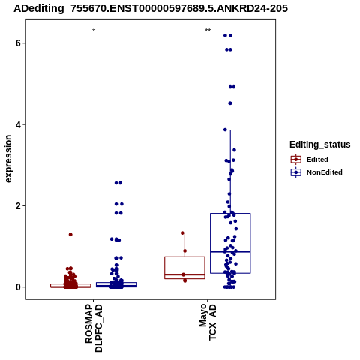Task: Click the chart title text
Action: tap(151, 9)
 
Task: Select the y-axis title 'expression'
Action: tap(8, 159)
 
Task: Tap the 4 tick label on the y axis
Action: tap(18, 124)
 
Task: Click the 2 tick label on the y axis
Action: tap(18, 206)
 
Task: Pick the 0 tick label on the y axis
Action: tap(18, 287)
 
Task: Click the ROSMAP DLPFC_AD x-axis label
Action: tap(94, 328)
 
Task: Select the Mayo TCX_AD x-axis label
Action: tap(208, 322)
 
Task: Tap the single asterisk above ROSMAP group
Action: tap(94, 31)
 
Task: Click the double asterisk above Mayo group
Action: tap(208, 31)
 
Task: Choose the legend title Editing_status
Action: tap(320, 145)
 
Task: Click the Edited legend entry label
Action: tap(317, 160)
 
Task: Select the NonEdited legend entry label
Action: tap(325, 172)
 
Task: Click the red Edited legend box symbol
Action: tap(296, 160)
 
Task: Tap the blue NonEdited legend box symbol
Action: tap(296, 172)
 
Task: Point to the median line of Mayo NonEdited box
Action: tap(230, 252)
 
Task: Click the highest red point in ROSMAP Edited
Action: tap(70, 235)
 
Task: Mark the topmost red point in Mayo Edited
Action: tap(182, 233)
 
